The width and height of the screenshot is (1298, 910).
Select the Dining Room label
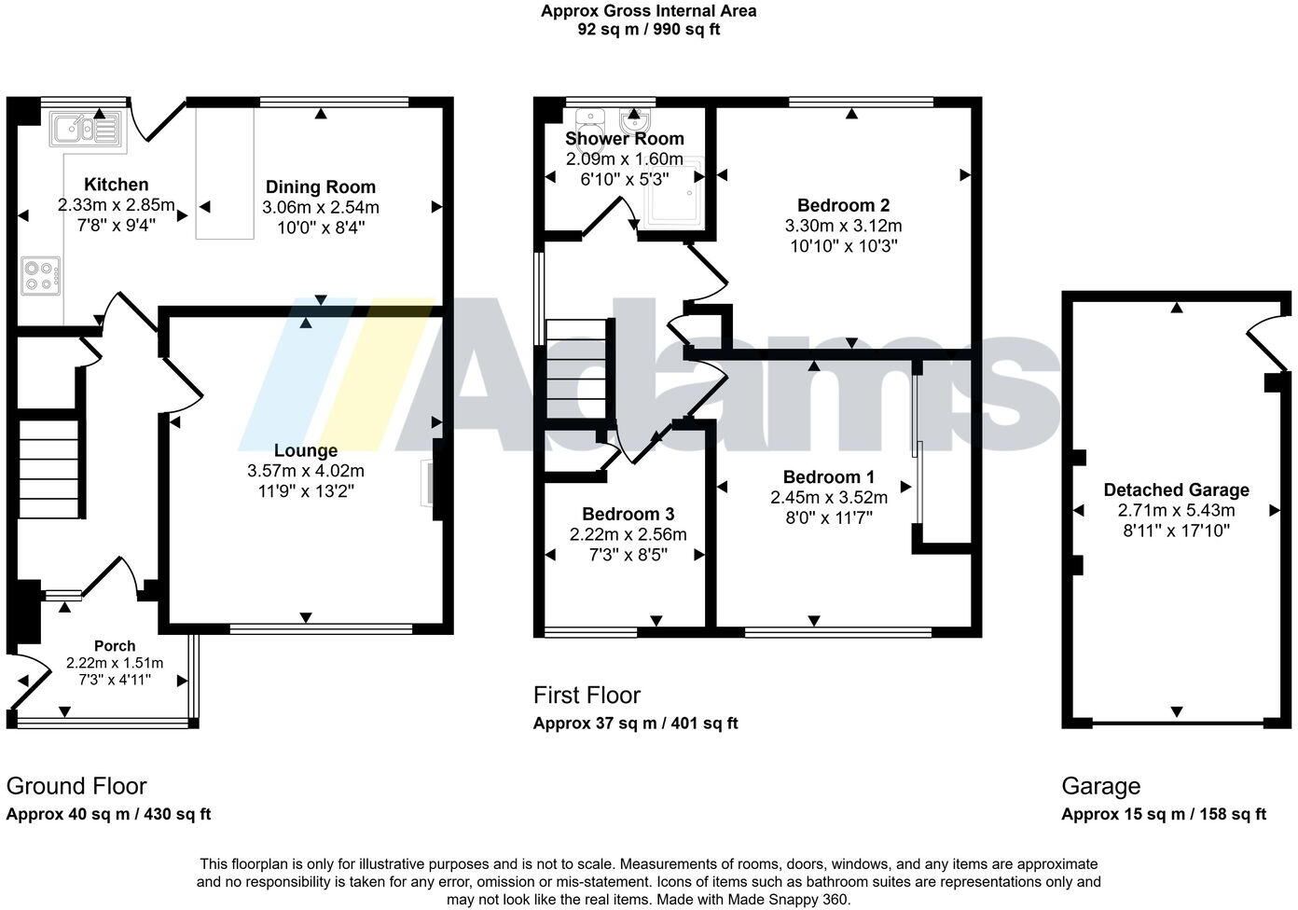click(320, 187)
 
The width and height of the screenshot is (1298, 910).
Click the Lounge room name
click(305, 451)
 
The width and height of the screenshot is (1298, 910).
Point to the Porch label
click(115, 646)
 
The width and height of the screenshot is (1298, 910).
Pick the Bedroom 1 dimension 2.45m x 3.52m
click(828, 498)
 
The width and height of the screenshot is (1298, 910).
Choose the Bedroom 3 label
click(628, 515)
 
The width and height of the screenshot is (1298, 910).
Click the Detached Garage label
click(1176, 490)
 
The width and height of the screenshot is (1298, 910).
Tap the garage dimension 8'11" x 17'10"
click(1176, 531)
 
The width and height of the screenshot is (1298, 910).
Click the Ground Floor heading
click(76, 786)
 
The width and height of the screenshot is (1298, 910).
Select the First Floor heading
click(587, 696)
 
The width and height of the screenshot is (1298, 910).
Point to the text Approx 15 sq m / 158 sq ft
click(1164, 814)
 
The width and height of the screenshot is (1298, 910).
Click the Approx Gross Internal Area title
click(648, 11)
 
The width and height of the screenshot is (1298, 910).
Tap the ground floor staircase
click(49, 469)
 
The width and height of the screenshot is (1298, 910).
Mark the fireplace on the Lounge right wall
click(432, 483)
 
